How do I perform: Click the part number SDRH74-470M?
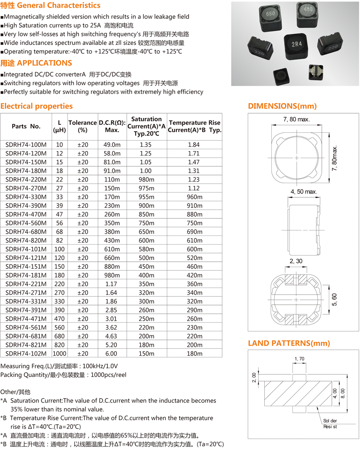coord(26,214)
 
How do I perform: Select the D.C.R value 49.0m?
coord(112,145)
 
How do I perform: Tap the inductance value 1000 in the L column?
coord(59,354)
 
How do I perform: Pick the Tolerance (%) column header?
coord(82,126)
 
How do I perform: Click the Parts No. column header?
coord(26,126)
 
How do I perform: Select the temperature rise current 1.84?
coord(194,145)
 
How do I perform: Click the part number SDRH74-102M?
coord(26,354)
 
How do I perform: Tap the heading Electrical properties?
coord(36,106)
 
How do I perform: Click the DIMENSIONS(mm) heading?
coord(282,106)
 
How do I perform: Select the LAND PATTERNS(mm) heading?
coord(289,343)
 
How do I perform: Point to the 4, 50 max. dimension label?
coord(304,192)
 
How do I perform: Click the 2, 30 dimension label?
coord(296,261)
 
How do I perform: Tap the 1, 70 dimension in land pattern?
coord(299,359)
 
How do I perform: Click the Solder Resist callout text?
coord(330,423)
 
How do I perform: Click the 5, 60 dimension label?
coord(335,300)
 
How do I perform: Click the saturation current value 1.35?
coord(145,145)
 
